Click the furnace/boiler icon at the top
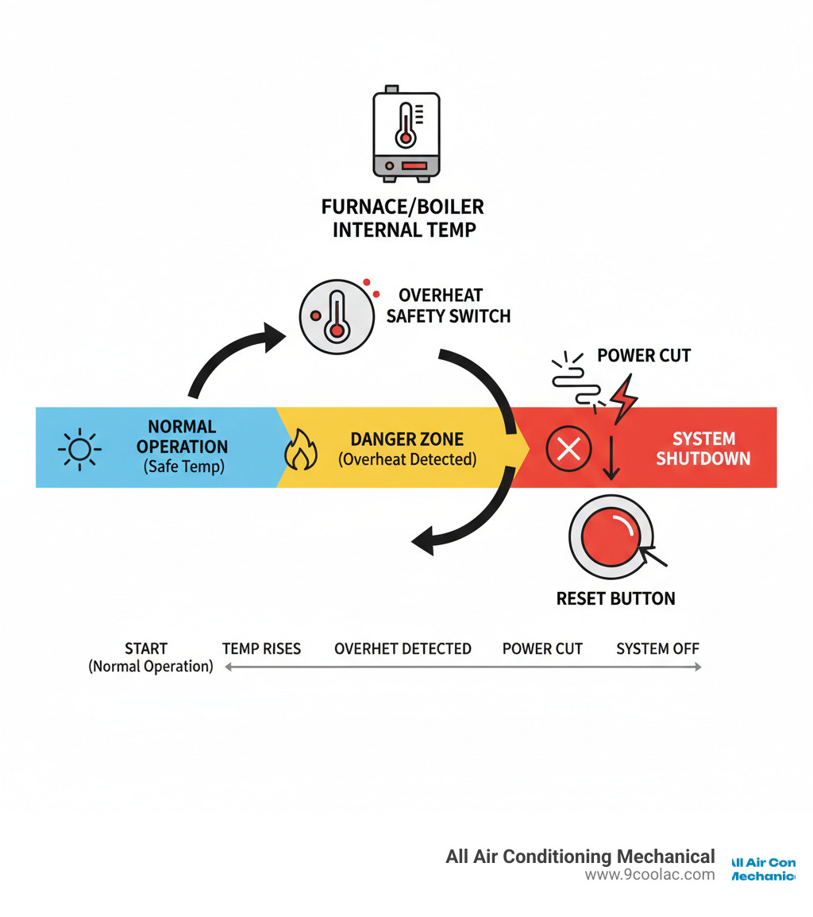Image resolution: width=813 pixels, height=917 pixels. [406, 134]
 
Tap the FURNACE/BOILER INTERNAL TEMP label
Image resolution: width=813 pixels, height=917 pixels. [403, 219]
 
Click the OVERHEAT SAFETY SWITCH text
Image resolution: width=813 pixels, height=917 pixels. [448, 306]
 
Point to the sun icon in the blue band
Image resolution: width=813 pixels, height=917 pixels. [79, 449]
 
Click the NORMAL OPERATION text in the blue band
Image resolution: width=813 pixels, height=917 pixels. [182, 437]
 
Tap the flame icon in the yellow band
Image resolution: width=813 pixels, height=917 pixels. [301, 451]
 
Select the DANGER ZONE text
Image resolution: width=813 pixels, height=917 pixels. [407, 438]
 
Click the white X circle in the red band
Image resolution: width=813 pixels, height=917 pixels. [568, 449]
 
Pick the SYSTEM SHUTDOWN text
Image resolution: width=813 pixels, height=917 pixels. [703, 448]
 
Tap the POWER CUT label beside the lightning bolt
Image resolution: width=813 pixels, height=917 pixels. [644, 355]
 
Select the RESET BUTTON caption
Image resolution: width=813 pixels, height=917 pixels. [615, 598]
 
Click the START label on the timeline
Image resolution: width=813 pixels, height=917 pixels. [146, 648]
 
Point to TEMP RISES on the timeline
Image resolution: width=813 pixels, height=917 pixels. [261, 648]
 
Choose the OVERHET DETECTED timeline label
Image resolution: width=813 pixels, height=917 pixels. [403, 648]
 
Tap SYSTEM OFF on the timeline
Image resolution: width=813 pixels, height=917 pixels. [657, 648]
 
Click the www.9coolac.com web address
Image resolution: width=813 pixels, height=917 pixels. [649, 875]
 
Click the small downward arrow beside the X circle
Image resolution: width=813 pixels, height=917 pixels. [611, 459]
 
